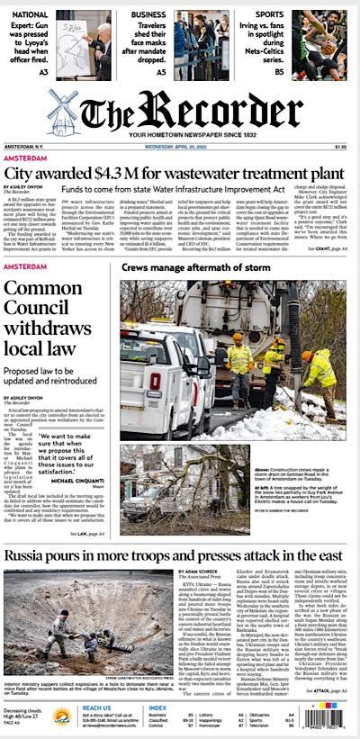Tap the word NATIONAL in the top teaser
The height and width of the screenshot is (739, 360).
click(31, 15)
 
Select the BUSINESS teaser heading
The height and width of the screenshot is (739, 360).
click(148, 15)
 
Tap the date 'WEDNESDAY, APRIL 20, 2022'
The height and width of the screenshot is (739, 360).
click(179, 147)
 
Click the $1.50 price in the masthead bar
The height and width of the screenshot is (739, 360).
click(341, 147)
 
